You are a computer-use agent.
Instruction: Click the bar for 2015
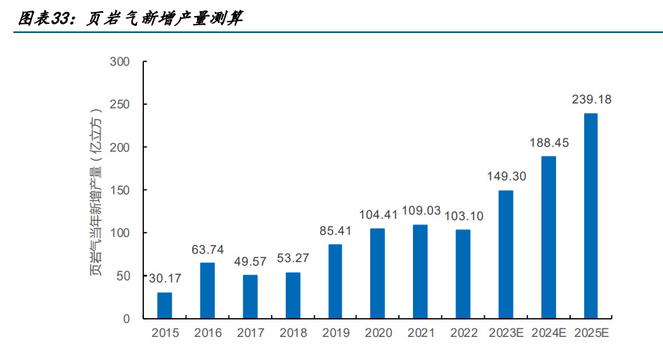coord(164,305)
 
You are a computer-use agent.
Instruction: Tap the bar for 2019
coord(335,282)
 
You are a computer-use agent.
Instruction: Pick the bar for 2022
coord(463,274)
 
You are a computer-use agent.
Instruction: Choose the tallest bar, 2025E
coord(591,216)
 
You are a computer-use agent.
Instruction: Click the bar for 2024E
coord(548,238)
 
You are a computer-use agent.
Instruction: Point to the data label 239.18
coord(591,100)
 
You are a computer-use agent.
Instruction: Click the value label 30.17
coord(164,278)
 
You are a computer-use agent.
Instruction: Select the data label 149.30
coord(506,176)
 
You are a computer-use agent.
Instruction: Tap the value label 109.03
coord(421,210)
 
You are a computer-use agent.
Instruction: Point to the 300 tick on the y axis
coord(120,62)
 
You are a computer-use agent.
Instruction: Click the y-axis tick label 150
coord(120,190)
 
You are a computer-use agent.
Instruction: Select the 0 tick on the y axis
coord(126,319)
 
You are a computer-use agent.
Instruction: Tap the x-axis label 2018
coord(293,333)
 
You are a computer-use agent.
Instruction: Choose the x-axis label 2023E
coord(506,333)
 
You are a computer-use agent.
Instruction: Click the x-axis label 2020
coord(378,333)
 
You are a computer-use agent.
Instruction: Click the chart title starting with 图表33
coord(130,19)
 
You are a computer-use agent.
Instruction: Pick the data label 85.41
coord(335,230)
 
